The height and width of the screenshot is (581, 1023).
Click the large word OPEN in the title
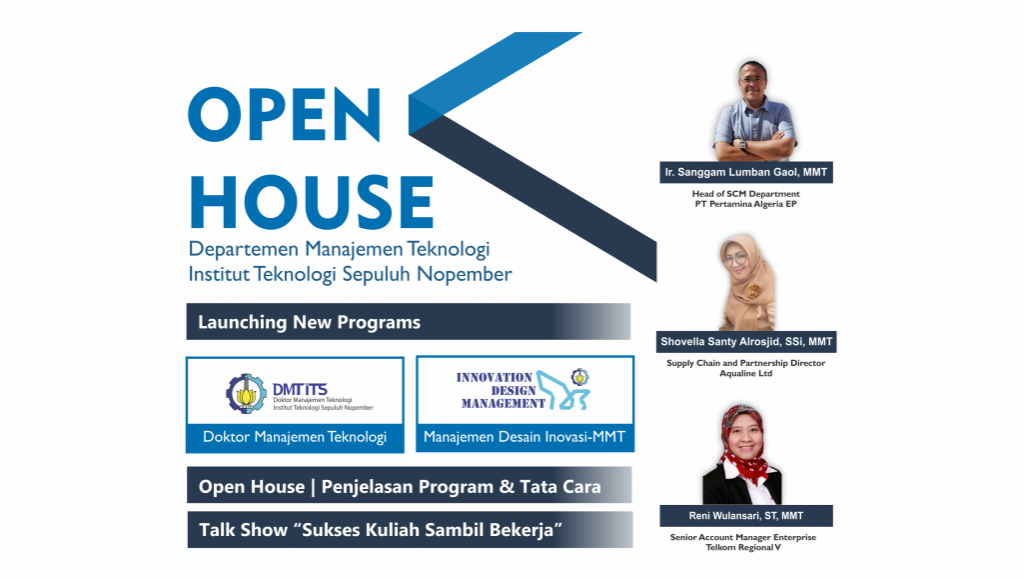pyautogui.click(x=285, y=114)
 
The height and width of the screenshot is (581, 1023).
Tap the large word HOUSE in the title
pyautogui.click(x=312, y=202)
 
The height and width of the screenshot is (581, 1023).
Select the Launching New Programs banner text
pyautogui.click(x=310, y=322)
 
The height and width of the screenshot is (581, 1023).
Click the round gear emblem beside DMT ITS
pyautogui.click(x=246, y=394)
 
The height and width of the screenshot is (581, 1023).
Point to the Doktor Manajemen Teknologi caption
pyautogui.click(x=295, y=437)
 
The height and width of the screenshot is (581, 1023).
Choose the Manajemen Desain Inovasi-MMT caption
pyautogui.click(x=524, y=437)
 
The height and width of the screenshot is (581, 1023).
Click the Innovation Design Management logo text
pyautogui.click(x=501, y=390)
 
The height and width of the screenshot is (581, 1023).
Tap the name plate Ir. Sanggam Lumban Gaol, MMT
pyautogui.click(x=746, y=172)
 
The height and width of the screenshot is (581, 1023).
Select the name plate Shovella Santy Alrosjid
pyautogui.click(x=746, y=341)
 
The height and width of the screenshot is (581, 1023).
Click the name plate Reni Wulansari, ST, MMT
pyautogui.click(x=746, y=516)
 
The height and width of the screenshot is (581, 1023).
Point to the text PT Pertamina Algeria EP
pyautogui.click(x=745, y=204)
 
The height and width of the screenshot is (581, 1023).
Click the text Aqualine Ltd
pyautogui.click(x=745, y=373)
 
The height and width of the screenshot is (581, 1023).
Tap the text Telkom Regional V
pyautogui.click(x=743, y=547)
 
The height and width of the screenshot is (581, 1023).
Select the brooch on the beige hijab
pyautogui.click(x=753, y=291)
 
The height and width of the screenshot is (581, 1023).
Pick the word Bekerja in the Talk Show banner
pyautogui.click(x=525, y=529)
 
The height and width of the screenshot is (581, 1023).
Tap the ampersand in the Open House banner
pyautogui.click(x=507, y=487)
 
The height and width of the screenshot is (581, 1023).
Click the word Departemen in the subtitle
pyautogui.click(x=244, y=249)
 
